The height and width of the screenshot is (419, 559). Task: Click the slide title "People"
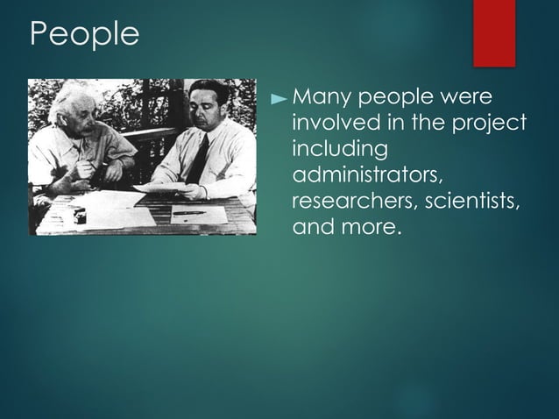84,34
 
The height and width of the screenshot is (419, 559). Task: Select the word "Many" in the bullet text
322,96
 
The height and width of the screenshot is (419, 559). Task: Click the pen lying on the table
188,212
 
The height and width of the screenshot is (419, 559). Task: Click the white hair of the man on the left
66,103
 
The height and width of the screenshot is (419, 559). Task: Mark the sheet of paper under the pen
193,215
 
